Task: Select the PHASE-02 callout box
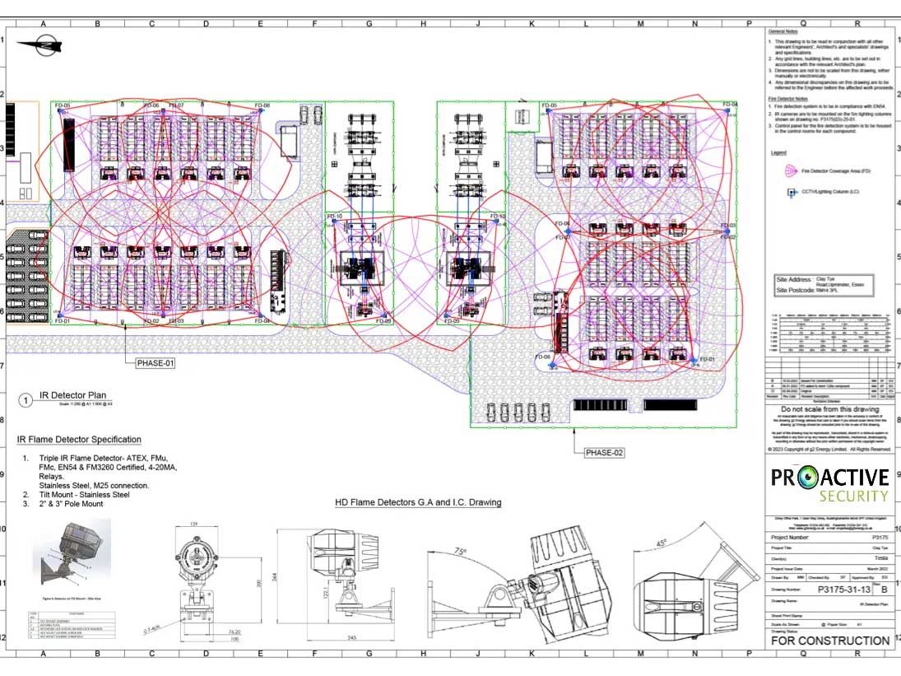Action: coord(605,453)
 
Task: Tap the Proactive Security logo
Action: coord(829,484)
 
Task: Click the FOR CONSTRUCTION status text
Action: coord(829,640)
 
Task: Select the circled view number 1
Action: coord(26,401)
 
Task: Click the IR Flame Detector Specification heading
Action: coord(79,440)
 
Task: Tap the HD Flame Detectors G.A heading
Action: coord(418,502)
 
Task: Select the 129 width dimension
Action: coord(194,524)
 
